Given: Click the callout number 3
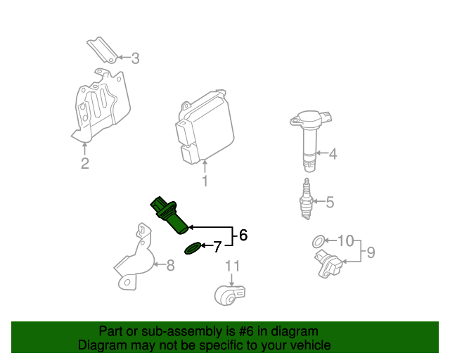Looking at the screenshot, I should tap(135, 58).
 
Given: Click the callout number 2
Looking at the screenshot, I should tap(84, 165).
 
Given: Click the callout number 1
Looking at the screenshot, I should tap(205, 183).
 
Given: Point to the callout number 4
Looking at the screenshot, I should tap(333, 153).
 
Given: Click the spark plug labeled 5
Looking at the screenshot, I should tap(307, 200).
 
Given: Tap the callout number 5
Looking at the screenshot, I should tap(329, 203).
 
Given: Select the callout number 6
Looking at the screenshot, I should tap(243, 236).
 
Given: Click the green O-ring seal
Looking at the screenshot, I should tap(192, 247).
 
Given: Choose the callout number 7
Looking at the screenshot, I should tap(217, 247).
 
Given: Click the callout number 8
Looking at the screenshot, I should tap(169, 265).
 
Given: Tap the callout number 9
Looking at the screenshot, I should tap(371, 252).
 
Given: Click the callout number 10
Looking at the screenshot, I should tap(345, 241).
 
